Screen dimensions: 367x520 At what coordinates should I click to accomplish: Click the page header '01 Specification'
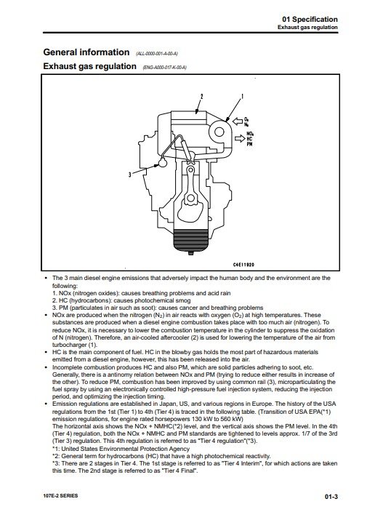310,19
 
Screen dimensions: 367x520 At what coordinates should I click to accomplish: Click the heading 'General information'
86,52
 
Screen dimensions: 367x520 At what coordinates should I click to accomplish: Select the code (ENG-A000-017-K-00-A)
164,68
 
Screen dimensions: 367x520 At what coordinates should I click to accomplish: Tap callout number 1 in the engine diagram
242,97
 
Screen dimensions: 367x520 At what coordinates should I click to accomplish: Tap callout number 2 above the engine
201,97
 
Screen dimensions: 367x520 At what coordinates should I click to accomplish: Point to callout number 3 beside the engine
130,174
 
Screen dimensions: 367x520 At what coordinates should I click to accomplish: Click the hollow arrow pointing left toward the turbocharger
238,121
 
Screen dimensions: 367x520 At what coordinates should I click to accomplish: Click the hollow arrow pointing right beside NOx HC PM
240,138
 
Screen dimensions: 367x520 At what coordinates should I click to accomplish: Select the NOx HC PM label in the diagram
250,140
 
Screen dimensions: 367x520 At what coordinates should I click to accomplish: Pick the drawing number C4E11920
243,265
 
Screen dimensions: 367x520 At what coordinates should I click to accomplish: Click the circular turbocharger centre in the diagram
219,132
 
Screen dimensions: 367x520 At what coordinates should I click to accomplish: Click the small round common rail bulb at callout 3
163,162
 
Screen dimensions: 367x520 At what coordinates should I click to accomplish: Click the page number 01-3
331,497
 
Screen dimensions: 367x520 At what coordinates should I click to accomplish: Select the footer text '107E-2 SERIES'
60,496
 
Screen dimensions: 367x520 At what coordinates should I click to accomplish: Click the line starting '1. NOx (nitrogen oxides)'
142,293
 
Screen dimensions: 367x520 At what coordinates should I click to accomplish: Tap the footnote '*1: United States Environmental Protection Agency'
121,449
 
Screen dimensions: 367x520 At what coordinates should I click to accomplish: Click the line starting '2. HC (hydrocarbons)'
121,300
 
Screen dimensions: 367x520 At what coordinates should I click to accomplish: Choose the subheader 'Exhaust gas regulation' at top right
307,27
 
